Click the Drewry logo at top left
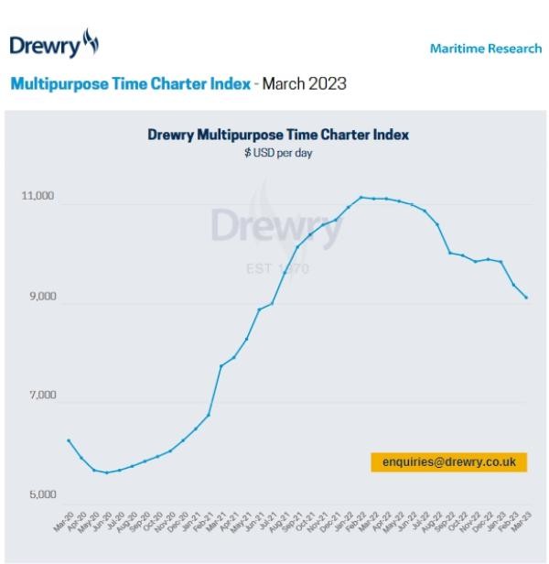pos(53,44)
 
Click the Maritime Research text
pos(485,49)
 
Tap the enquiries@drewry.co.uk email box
pos(448,462)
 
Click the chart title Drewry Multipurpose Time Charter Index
pos(278,135)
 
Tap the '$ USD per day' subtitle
pos(278,153)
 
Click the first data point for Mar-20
pos(69,440)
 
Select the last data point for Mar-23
pos(526,298)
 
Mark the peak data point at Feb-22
pos(361,197)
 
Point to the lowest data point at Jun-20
pos(107,472)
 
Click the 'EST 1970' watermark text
pos(278,269)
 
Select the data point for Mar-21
pos(221,366)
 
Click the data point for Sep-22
pos(449,253)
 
